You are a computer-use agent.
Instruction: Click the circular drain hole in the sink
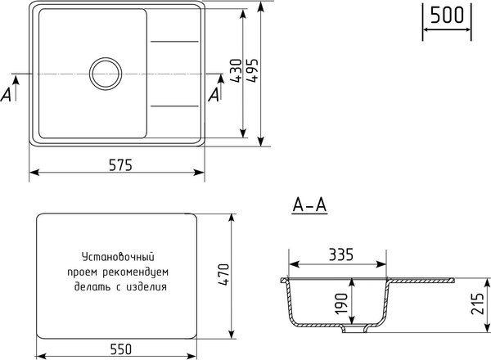coord(104,73)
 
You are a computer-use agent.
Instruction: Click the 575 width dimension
coord(117,164)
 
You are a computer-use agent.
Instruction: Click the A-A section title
coord(309,205)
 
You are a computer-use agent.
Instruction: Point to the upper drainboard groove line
coord(174,41)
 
